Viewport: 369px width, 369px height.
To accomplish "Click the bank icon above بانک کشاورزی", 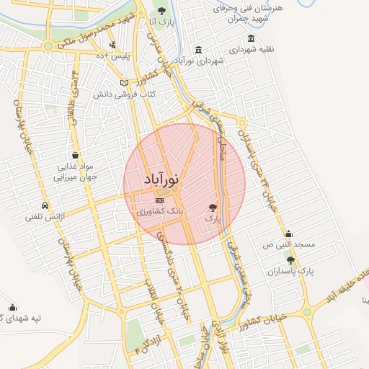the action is pos(159,201).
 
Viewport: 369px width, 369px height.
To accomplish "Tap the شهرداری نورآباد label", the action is pos(200,61).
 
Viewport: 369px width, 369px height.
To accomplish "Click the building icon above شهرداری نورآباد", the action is pos(198,50).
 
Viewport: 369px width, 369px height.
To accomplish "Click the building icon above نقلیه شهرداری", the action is pos(250,38).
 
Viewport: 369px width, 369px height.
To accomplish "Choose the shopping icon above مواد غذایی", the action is pos(76,155).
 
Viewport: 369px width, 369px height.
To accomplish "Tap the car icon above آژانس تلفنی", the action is pos(45,205).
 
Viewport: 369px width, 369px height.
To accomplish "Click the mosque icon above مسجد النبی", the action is pos(288,234).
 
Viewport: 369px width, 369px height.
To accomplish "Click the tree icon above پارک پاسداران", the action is pos(290,260).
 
